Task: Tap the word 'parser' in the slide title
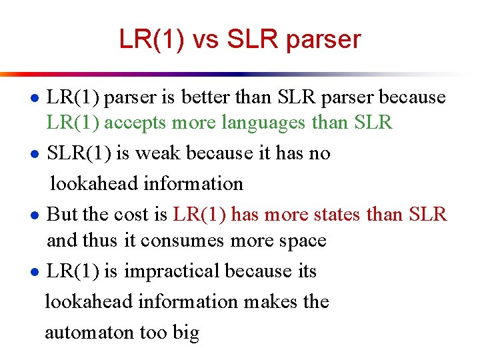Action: [x=322, y=41]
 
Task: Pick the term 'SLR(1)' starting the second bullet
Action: [x=79, y=153]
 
